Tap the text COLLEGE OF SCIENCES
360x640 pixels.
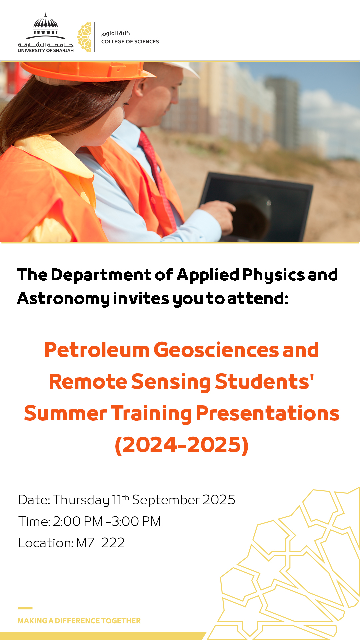coord(130,42)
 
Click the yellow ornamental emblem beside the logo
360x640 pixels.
coord(85,37)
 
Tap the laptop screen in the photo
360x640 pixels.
coord(257,207)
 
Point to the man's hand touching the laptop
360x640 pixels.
coord(218,215)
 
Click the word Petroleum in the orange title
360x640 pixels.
coord(97,350)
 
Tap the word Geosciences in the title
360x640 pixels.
coord(216,350)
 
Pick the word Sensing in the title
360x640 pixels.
coord(171,382)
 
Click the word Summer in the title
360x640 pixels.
coord(65,414)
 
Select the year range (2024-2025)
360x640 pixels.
coord(182,445)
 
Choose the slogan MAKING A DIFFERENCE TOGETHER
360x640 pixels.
coord(79,621)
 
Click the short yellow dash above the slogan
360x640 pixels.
coord(25,608)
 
